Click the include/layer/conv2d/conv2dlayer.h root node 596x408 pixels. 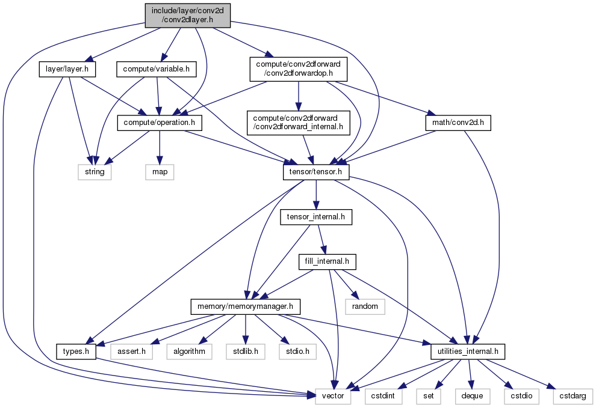click(188, 15)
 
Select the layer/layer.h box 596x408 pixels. click(67, 69)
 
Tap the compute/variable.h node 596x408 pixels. click(156, 69)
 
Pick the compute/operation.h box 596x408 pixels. click(160, 123)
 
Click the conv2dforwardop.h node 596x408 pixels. click(299, 69)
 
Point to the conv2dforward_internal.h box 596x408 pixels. click(299, 123)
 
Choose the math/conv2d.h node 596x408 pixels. click(458, 123)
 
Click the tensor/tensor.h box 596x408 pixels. click(316, 172)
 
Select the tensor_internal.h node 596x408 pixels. click(316, 217)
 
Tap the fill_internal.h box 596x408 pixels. click(327, 261)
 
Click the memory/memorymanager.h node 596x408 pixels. click(245, 306)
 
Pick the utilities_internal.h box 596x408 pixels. click(468, 352)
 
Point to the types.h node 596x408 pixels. click(76, 352)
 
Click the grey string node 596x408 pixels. click(95, 172)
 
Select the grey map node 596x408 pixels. click(160, 172)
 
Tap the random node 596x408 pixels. click(365, 306)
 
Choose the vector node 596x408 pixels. click(333, 396)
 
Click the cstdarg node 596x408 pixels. click(573, 396)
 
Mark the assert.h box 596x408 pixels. click(131, 352)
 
